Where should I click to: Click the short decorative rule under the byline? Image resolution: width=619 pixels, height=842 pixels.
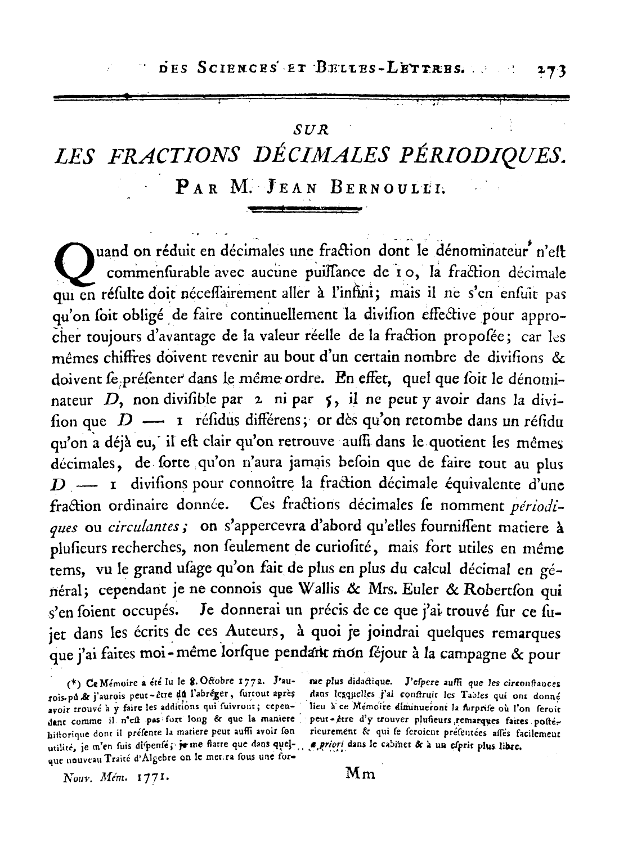pyautogui.click(x=304, y=210)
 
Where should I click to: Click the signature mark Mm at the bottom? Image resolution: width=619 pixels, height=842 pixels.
pyautogui.click(x=360, y=773)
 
